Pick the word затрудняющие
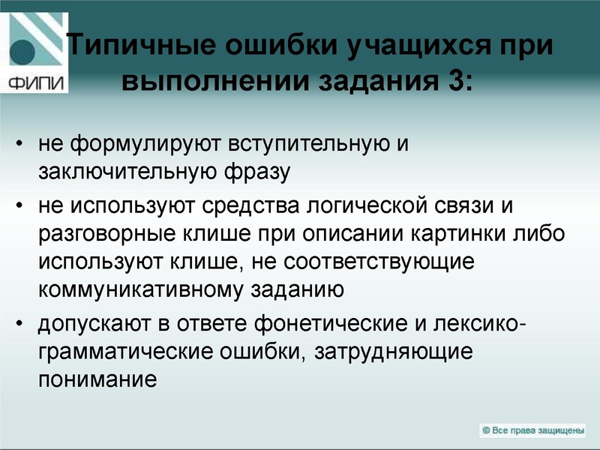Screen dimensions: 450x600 pyautogui.click(x=396, y=351)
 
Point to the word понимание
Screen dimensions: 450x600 pyautogui.click(x=97, y=379)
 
